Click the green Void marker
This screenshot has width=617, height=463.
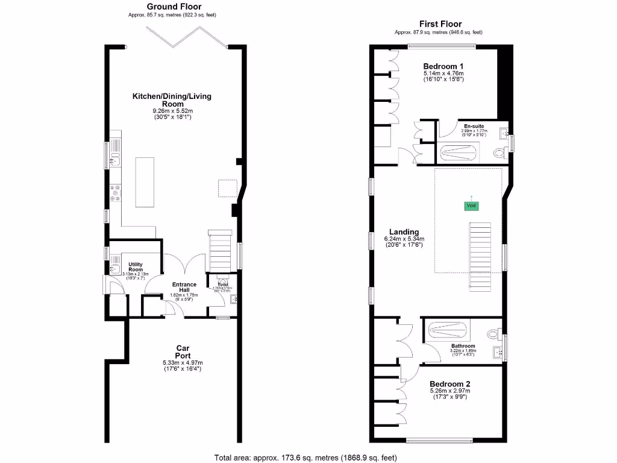(471, 206)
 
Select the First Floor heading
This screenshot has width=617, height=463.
(438, 24)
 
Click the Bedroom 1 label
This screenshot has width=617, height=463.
(443, 66)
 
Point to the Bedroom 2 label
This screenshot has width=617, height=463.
(449, 383)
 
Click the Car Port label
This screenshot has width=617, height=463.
(183, 351)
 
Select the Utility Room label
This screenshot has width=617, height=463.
(135, 267)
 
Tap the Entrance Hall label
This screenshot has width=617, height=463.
(184, 288)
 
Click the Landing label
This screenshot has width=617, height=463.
(404, 231)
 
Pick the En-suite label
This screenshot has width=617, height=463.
(474, 126)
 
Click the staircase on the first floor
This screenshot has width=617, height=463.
(481, 256)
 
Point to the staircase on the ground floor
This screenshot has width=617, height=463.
(221, 250)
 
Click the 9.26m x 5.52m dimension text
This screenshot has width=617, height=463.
(172, 111)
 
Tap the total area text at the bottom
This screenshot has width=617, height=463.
(308, 458)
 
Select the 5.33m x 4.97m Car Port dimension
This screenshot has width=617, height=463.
(183, 362)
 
